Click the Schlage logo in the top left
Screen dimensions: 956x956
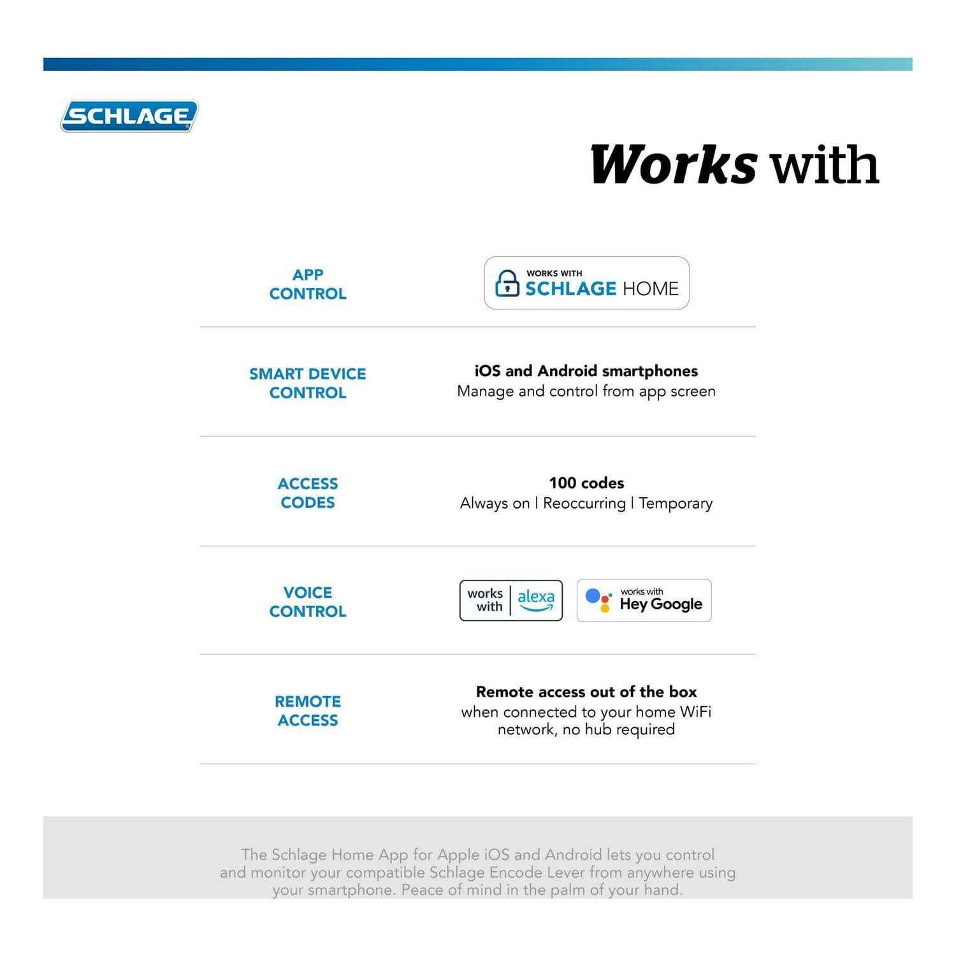[x=129, y=117]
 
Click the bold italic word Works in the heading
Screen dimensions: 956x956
[x=674, y=164]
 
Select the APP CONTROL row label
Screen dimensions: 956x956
[x=308, y=284]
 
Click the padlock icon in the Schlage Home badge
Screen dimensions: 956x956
[x=507, y=284]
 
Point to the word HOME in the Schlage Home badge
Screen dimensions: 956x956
[x=650, y=289]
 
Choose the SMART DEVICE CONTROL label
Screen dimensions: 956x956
[x=308, y=383]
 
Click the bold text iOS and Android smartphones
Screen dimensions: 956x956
[x=586, y=371]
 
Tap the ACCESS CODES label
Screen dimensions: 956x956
[x=308, y=493]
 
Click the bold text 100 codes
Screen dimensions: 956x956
[x=586, y=483]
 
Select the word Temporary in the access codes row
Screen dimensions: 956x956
[x=676, y=503]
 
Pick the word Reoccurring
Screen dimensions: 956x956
[x=584, y=503]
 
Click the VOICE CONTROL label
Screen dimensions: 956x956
[x=308, y=602]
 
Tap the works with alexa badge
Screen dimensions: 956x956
[x=511, y=600]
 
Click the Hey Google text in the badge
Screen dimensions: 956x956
[x=661, y=604]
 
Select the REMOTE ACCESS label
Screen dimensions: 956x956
[x=308, y=711]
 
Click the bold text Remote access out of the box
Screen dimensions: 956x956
[x=586, y=692]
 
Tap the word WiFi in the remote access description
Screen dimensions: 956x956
[x=695, y=712]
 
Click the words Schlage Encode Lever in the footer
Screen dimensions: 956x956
[x=507, y=873]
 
